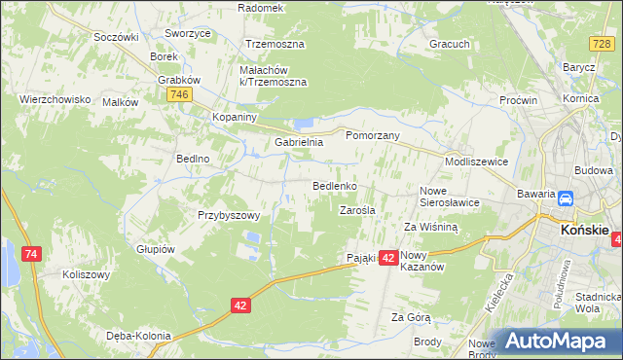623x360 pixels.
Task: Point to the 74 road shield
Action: click(32, 254)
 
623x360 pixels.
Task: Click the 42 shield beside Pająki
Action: click(387, 258)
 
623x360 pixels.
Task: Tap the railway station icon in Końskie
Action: click(564, 199)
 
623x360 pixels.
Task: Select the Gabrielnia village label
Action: click(298, 142)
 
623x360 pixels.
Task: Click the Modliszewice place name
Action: click(476, 162)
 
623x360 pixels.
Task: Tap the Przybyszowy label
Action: click(229, 215)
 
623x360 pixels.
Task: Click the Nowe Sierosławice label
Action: click(450, 197)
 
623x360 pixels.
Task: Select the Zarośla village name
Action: click(357, 209)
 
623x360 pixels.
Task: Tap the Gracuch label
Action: click(450, 44)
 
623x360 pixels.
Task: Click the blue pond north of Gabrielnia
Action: click(303, 124)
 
